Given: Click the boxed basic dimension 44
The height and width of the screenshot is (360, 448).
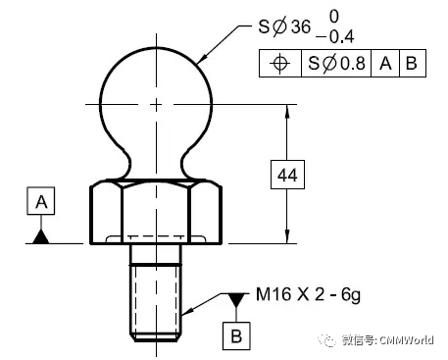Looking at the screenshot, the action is click(287, 175).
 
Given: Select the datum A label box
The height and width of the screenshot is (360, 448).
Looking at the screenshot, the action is click(41, 201).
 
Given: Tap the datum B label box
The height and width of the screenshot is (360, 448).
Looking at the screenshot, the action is click(236, 336).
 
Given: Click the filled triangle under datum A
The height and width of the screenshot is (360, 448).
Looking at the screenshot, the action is click(41, 236).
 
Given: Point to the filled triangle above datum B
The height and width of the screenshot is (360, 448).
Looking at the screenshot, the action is click(236, 299).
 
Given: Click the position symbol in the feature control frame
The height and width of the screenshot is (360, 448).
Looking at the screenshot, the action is click(280, 63).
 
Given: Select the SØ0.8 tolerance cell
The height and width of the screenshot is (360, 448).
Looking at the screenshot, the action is click(336, 63).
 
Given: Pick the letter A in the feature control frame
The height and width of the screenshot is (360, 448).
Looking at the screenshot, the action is click(385, 63).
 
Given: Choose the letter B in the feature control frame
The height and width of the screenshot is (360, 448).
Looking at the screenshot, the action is click(412, 63).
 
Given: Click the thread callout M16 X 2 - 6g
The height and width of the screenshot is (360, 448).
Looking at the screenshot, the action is click(308, 295).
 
